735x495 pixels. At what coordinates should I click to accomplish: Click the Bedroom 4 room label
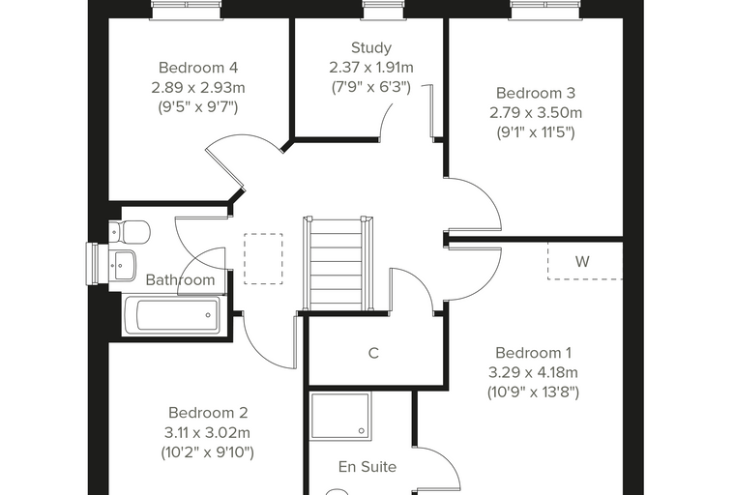(198, 68)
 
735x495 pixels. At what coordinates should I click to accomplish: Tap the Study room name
(371, 47)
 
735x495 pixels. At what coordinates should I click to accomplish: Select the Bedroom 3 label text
(536, 93)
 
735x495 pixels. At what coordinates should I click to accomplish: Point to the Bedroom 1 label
(534, 353)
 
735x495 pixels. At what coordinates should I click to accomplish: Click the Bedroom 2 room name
(208, 413)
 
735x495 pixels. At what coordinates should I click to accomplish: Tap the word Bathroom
(181, 279)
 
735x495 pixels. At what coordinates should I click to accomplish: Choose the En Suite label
(367, 467)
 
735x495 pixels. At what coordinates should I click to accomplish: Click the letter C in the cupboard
(373, 353)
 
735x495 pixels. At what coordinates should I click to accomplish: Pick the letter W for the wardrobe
(582, 261)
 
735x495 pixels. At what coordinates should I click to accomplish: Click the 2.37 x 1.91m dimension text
(371, 68)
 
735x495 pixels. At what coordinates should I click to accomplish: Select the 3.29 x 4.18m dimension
(534, 372)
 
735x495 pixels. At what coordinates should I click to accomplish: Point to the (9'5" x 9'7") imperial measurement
(198, 107)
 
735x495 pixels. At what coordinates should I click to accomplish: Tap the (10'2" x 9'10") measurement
(208, 452)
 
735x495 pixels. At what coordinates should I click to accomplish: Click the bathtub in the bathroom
(171, 315)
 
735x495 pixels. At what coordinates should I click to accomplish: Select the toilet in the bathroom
(130, 232)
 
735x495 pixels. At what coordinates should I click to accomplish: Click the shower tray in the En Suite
(340, 417)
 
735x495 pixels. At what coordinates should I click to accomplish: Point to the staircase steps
(337, 263)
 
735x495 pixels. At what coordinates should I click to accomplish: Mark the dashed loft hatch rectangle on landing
(263, 259)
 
